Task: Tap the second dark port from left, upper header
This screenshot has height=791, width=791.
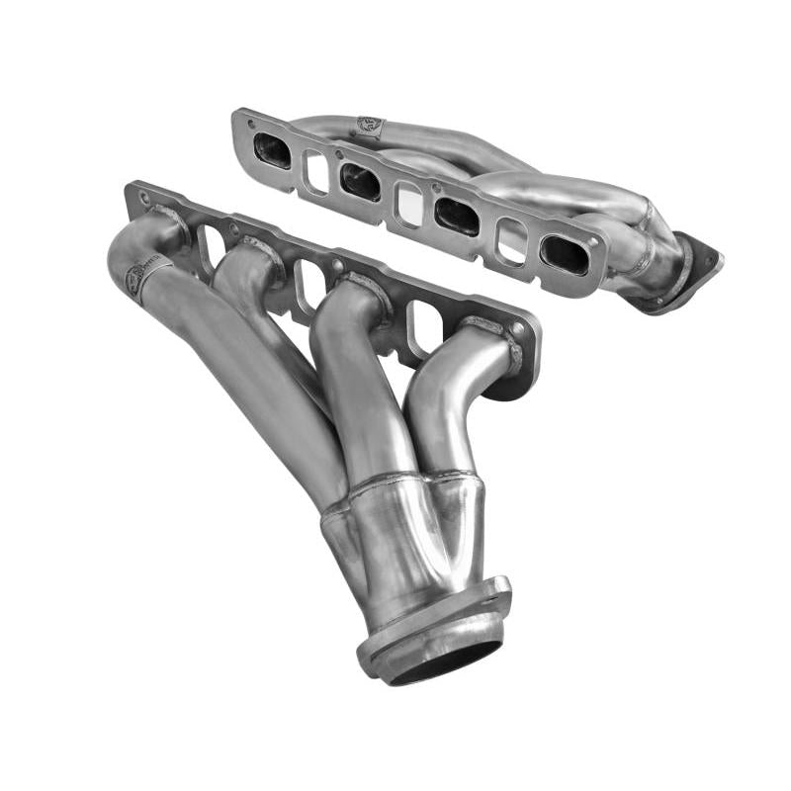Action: pyautogui.click(x=360, y=182)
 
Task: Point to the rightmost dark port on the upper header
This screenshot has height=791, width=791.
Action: pyautogui.click(x=565, y=254)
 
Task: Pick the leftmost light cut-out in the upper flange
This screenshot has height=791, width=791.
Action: pyautogui.click(x=316, y=171)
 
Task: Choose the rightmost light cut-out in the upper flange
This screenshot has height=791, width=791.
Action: pyautogui.click(x=511, y=240)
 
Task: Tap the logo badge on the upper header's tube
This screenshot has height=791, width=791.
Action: pyautogui.click(x=368, y=128)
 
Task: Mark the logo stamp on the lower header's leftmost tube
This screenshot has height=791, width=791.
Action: pyautogui.click(x=135, y=280)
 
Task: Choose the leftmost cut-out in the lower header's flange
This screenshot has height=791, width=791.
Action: pyautogui.click(x=213, y=246)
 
